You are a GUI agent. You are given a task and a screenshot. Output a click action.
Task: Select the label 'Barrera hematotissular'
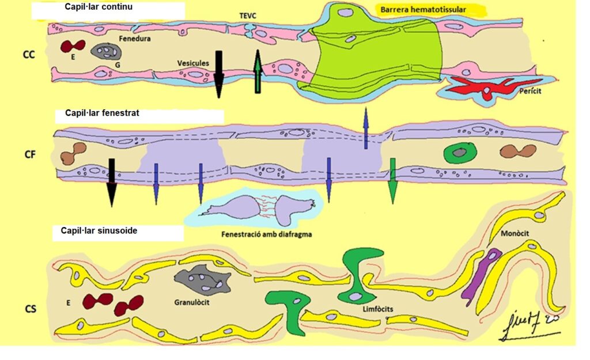(422, 10)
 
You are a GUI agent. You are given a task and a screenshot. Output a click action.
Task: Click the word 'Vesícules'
(193, 63)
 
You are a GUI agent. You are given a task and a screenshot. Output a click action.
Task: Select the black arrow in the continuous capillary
(219, 75)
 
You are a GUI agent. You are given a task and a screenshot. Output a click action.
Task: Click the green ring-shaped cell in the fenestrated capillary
(460, 153)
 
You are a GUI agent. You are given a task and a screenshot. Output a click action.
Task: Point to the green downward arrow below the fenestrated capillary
(393, 181)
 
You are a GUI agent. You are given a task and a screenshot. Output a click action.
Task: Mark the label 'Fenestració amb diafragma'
(262, 235)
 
